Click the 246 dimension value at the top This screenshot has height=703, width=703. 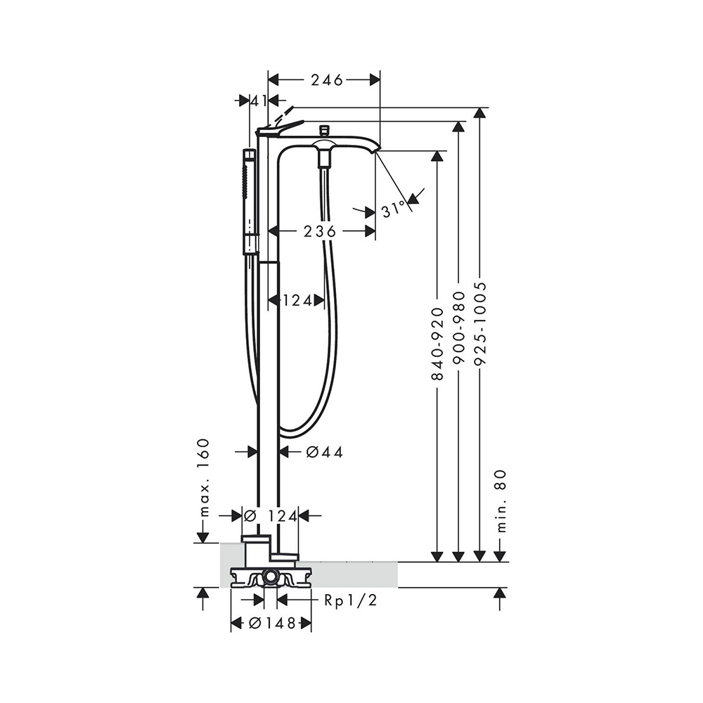(x=324, y=80)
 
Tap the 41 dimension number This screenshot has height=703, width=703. (x=259, y=101)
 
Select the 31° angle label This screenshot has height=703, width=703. (x=394, y=209)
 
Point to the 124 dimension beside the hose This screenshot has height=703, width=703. (x=297, y=301)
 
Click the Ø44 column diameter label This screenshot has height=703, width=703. (x=324, y=452)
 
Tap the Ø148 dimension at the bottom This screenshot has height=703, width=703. (x=271, y=623)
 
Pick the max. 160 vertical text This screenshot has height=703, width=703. (x=203, y=477)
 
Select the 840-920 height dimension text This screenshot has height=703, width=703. (x=437, y=344)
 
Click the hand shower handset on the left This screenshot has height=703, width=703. (x=250, y=200)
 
